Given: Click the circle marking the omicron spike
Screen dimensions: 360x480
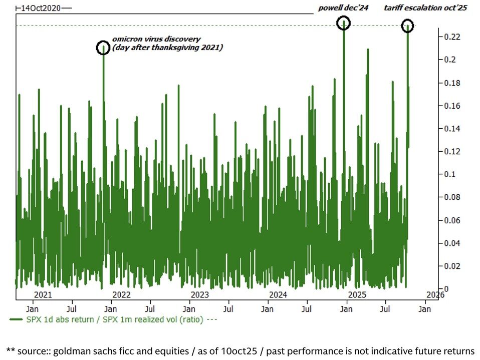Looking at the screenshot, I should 103,48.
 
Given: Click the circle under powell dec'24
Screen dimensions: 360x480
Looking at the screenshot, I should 343,22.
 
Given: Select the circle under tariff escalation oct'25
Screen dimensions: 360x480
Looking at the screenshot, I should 408,26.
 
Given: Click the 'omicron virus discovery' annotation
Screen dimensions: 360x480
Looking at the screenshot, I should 156,39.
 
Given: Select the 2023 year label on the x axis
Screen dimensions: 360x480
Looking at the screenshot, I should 199,294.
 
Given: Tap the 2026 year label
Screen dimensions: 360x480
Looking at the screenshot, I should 435,294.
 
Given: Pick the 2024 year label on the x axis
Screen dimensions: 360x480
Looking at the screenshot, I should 278,294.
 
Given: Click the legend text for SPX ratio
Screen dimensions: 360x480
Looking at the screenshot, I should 115,319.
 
